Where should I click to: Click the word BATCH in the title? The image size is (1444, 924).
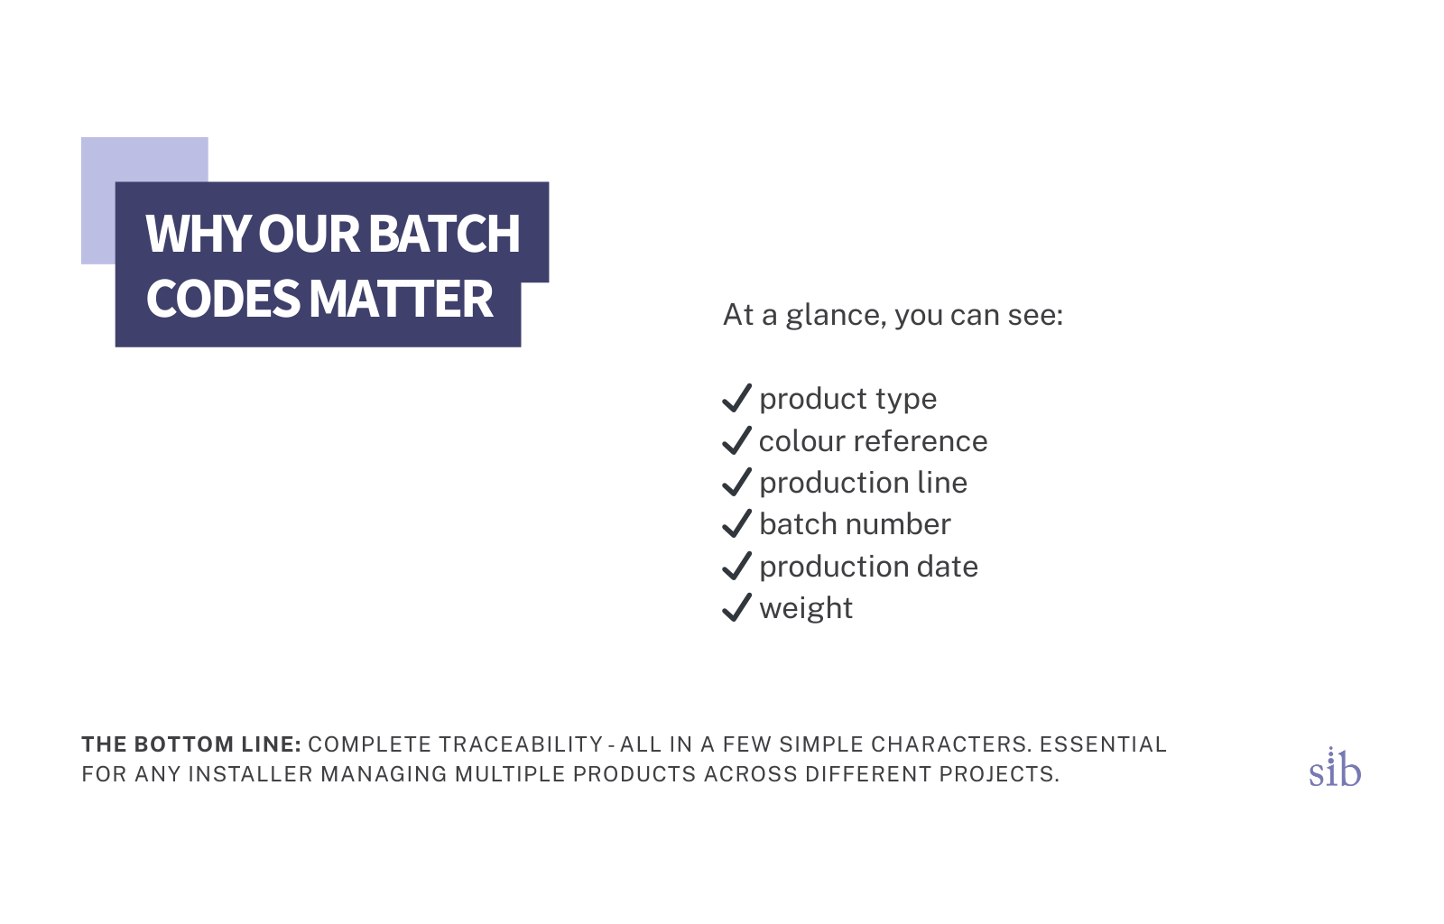(444, 233)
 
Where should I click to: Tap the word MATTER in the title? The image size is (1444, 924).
(401, 299)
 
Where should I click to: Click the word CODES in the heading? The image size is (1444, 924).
(224, 299)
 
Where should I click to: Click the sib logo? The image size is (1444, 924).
(1335, 767)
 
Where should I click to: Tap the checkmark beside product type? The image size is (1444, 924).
(736, 398)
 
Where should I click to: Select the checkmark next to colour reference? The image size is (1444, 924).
(736, 440)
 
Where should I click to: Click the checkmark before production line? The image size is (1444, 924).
(736, 482)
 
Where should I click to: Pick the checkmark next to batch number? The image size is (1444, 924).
(736, 523)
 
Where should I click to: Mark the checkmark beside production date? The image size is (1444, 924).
(736, 566)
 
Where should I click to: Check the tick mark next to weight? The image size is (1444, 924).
(736, 607)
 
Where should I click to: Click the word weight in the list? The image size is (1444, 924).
(806, 609)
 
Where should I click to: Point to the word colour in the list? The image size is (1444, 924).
(802, 441)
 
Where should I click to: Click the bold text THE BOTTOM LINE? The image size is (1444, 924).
(191, 744)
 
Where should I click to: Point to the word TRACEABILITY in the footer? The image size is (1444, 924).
(521, 744)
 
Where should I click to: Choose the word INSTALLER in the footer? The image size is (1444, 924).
(251, 774)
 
